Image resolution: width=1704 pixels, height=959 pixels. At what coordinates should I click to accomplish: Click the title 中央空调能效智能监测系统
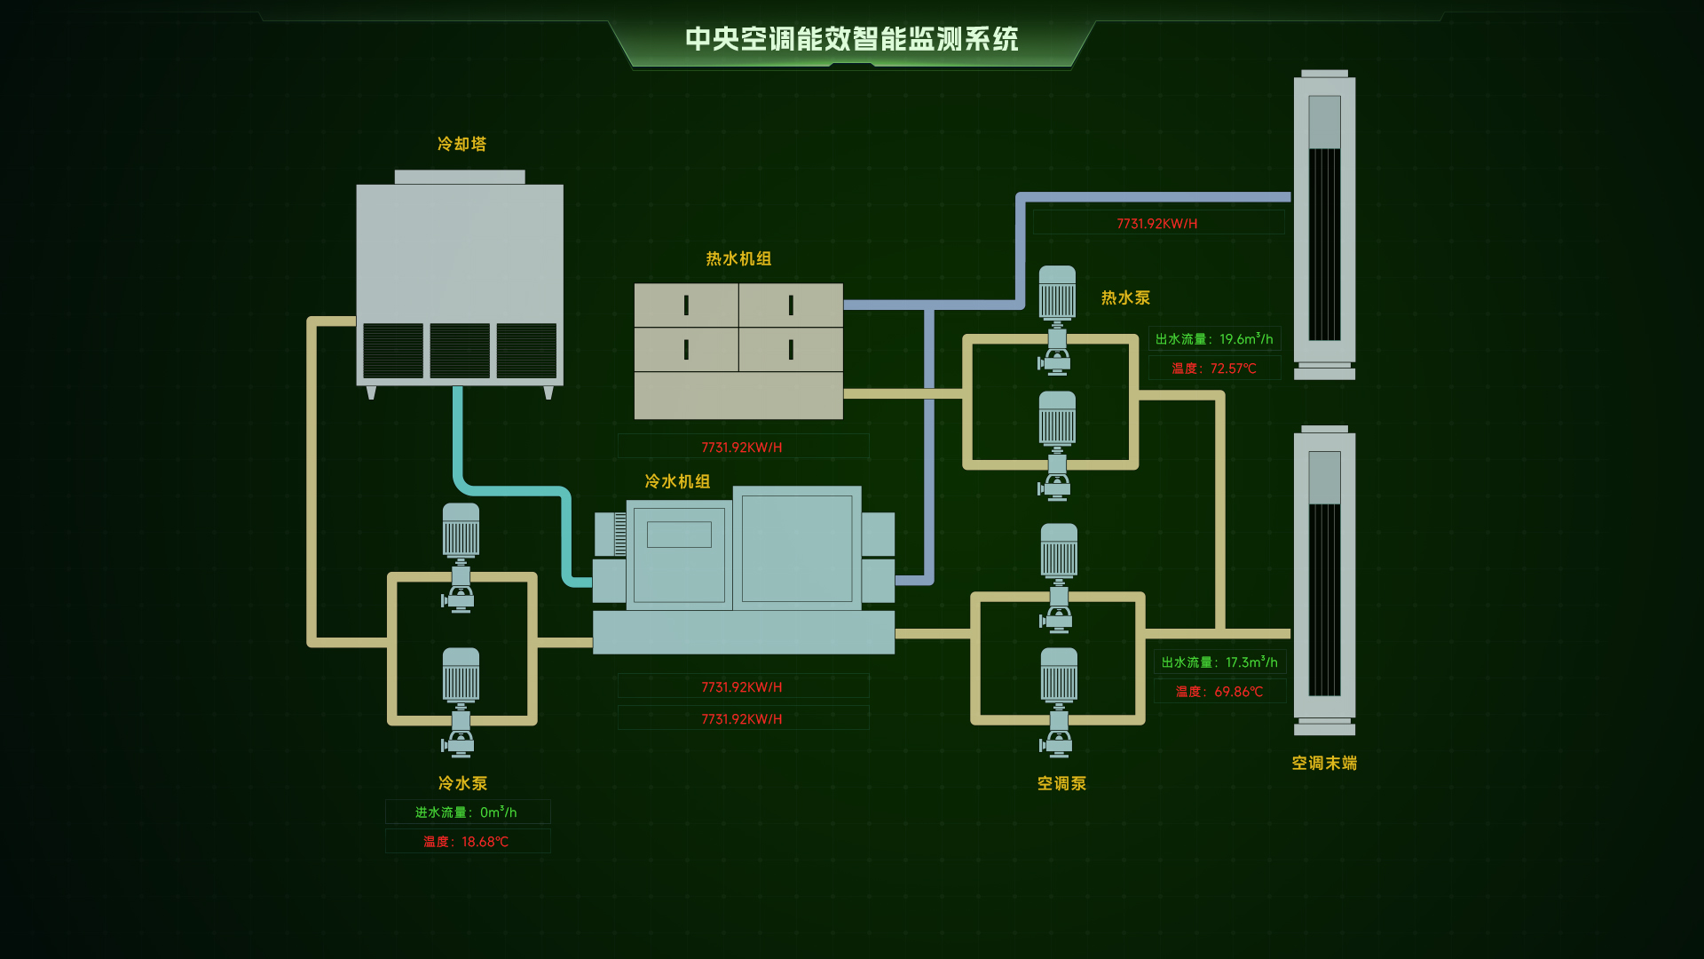pos(851,39)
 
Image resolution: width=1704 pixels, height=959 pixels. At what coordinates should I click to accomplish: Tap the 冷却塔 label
pos(461,144)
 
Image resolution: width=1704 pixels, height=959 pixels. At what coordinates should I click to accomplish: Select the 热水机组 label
pos(738,258)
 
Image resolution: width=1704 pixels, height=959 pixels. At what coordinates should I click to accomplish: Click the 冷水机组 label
pos(677,481)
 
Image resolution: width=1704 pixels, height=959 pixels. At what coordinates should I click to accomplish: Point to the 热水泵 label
pos(1125,297)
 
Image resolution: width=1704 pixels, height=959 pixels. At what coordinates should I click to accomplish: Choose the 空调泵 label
pos(1061,783)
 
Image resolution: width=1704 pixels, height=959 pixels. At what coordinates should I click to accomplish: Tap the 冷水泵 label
pos(462,783)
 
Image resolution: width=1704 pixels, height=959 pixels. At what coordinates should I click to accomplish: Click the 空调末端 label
pos(1324,763)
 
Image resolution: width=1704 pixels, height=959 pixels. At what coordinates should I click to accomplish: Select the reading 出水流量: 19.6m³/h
pos(1214,339)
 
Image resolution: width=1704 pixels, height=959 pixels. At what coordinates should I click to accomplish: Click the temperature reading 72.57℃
pos(1214,369)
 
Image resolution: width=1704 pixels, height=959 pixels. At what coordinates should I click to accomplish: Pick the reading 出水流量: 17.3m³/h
pos(1219,662)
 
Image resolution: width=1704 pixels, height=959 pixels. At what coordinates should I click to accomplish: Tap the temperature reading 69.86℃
pos(1219,692)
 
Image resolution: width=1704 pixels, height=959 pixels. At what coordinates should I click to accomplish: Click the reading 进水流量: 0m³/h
pos(466,812)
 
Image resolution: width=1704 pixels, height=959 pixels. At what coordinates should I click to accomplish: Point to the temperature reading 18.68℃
pos(466,842)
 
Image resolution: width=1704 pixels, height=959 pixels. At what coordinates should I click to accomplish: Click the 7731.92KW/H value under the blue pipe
pos(1157,224)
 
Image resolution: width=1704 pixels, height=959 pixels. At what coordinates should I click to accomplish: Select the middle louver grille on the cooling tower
pos(460,351)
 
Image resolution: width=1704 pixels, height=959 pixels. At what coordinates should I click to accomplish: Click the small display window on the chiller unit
pos(679,535)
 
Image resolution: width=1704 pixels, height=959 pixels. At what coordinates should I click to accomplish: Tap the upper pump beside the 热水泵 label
pos(1057,320)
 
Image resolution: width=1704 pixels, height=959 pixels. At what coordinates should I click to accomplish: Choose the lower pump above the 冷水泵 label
pos(461,701)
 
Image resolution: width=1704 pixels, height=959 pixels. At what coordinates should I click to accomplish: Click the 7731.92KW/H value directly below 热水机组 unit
pos(742,448)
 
